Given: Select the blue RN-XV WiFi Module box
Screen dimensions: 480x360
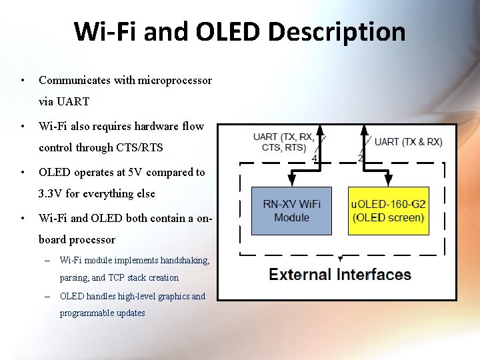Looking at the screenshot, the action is tap(291, 211).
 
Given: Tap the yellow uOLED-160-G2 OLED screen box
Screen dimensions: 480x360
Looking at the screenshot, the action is tap(388, 211).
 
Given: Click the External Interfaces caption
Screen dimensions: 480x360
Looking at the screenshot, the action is tap(339, 274).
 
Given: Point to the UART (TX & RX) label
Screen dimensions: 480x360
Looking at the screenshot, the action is tap(408, 142).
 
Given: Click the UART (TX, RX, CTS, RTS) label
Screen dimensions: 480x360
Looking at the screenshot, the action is tap(283, 142).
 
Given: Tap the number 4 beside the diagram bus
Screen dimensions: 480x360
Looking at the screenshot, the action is tap(315, 159).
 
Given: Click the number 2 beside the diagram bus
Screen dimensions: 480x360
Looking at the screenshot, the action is tap(361, 158).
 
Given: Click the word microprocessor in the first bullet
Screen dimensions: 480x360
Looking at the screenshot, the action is tap(175, 81).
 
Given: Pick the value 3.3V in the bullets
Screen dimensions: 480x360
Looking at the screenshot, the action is tap(51, 194).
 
